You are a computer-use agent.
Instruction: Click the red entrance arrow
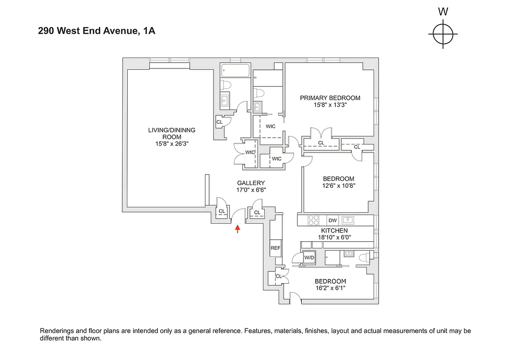coord(237,229)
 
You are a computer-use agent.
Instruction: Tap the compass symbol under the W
coord(443,34)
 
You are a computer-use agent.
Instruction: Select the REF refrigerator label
coord(275,248)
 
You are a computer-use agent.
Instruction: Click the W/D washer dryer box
coord(309,258)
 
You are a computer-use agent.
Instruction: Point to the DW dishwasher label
coord(332,220)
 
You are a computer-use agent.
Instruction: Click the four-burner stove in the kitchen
coord(313,220)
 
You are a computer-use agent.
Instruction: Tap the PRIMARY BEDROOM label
coord(330,98)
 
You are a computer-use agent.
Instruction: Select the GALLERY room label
coord(251,183)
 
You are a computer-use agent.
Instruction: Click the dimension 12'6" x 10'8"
coord(339,185)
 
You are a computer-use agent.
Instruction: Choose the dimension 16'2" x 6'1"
coord(330,288)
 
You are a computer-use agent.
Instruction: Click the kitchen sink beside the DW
coord(348,220)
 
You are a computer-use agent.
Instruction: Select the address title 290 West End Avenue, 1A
coord(97,31)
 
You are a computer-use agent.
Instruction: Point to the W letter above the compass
coord(443,12)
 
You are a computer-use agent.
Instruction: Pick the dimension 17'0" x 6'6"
coord(251,190)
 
